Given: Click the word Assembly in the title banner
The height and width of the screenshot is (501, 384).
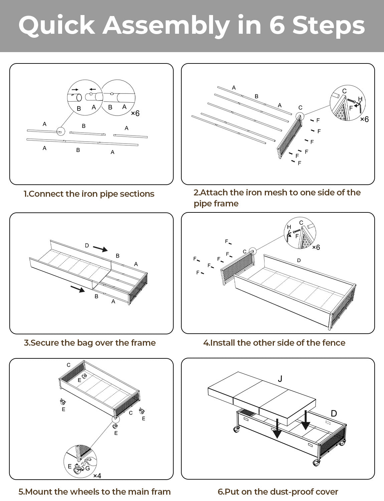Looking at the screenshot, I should click(x=166, y=25).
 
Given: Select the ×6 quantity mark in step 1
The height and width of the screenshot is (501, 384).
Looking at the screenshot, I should click(x=135, y=114).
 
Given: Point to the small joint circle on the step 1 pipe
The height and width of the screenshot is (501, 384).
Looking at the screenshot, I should click(x=61, y=132).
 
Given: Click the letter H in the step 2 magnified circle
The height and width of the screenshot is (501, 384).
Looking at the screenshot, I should click(x=360, y=99).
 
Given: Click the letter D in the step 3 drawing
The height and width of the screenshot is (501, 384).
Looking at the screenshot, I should click(x=87, y=245).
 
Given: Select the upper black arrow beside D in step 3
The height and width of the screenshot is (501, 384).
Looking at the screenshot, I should click(x=100, y=249).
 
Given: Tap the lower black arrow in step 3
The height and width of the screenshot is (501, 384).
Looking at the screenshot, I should click(x=77, y=289).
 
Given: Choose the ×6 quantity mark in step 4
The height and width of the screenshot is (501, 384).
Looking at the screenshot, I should click(x=316, y=247).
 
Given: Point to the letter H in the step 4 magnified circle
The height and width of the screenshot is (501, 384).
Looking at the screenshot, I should click(x=289, y=227).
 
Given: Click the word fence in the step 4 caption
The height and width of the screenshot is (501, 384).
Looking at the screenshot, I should click(x=334, y=343).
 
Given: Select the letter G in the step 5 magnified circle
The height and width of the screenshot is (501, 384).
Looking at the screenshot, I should click(x=87, y=468).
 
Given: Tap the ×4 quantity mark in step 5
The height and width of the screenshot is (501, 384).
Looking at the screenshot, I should click(x=97, y=476).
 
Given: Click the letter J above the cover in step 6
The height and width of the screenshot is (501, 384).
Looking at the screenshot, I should click(x=280, y=379).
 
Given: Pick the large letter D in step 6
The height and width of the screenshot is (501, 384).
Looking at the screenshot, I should click(x=334, y=413).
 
